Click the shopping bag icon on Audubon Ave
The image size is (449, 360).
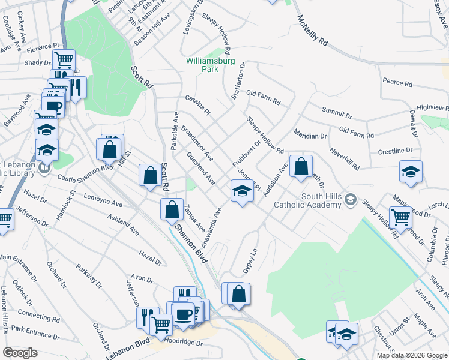pyautogui.click(x=301, y=167)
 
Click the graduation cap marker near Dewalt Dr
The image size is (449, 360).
pyautogui.click(x=411, y=172)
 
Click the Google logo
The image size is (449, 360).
pyautogui.click(x=20, y=353)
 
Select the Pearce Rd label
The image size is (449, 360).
pyautogui.click(x=397, y=83)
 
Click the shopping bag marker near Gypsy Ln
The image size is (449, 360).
pyautogui.click(x=238, y=295)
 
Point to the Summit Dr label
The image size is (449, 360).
pyautogui.click(x=336, y=112)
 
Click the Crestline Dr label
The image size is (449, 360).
pyautogui.click(x=395, y=151)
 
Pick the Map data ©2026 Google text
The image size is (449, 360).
pyautogui.click(x=411, y=355)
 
